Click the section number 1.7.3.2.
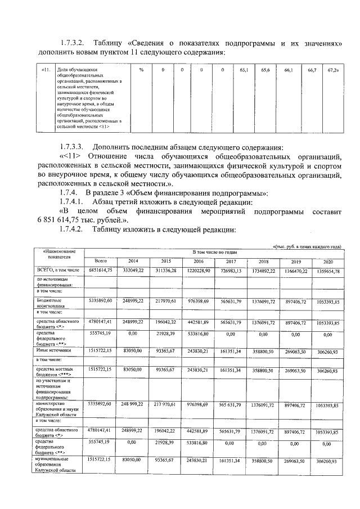(73, 43)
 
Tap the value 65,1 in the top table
(244, 70)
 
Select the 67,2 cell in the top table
(333, 70)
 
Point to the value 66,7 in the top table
(312, 70)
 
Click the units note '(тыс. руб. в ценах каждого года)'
(307, 246)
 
